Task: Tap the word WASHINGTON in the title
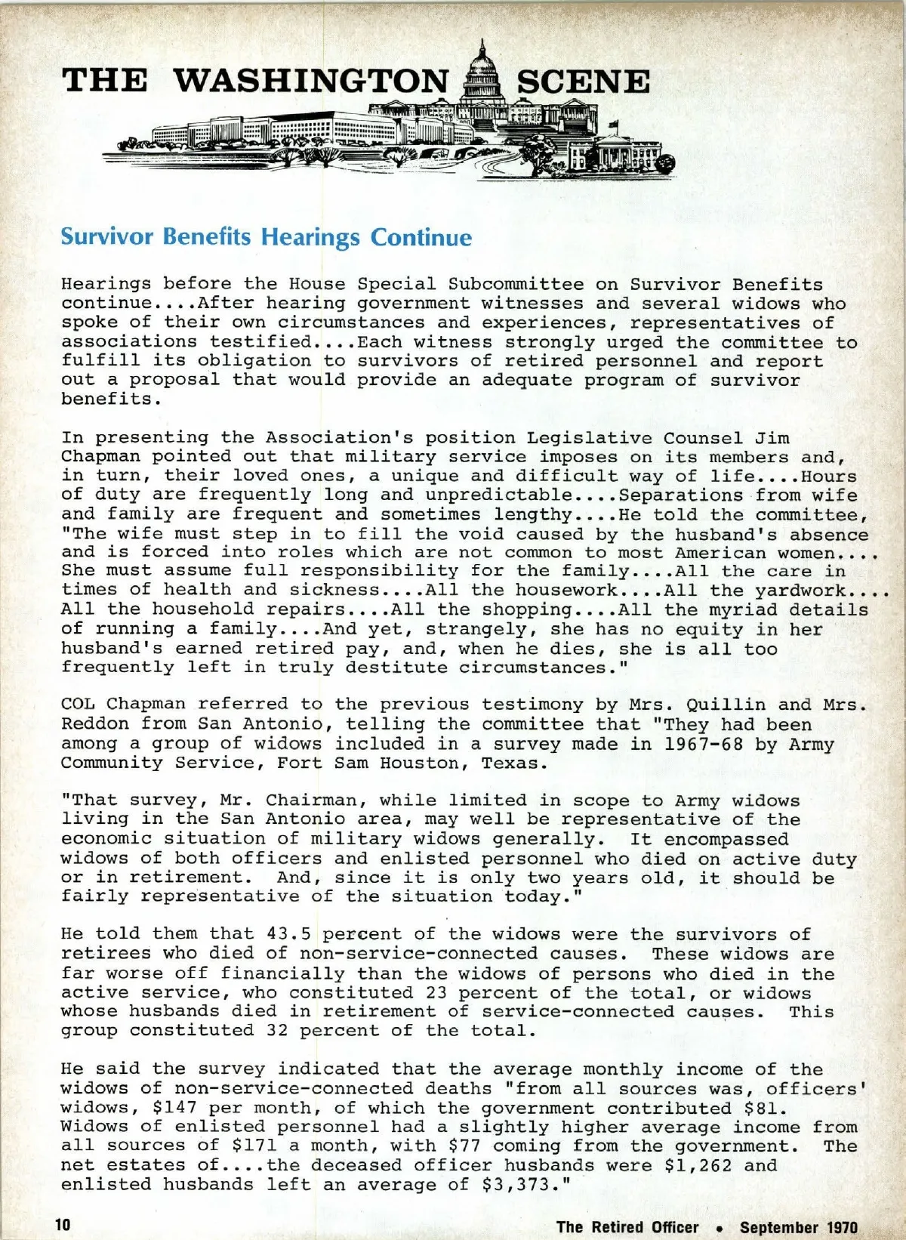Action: pyautogui.click(x=311, y=82)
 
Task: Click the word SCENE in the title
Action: pyautogui.click(x=583, y=82)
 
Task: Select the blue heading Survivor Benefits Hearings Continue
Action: pyautogui.click(x=266, y=237)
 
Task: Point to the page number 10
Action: pyautogui.click(x=63, y=1224)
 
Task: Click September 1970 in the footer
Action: pyautogui.click(x=799, y=1227)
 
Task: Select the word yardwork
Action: pyautogui.click(x=800, y=591)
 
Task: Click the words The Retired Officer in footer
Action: pyautogui.click(x=627, y=1227)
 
